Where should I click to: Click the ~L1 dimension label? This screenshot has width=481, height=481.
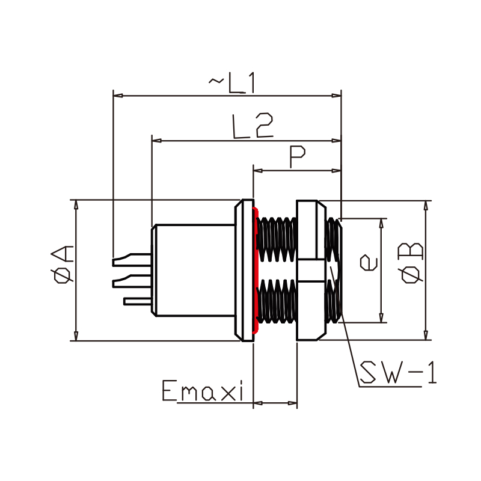pos(231,83)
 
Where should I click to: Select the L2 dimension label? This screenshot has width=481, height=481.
pos(253,126)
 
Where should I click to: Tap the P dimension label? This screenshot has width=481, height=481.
pos(297,156)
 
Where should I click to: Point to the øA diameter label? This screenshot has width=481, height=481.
pos(63,264)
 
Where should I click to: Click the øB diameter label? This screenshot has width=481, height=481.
pos(411,263)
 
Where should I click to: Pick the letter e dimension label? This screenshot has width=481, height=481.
pos(369,263)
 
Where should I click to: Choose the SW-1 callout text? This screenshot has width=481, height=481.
pos(398,372)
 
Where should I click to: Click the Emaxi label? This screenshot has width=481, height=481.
pos(203,390)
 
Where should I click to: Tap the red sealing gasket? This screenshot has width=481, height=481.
pos(255,270)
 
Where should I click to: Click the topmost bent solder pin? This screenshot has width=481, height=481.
pos(131,260)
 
